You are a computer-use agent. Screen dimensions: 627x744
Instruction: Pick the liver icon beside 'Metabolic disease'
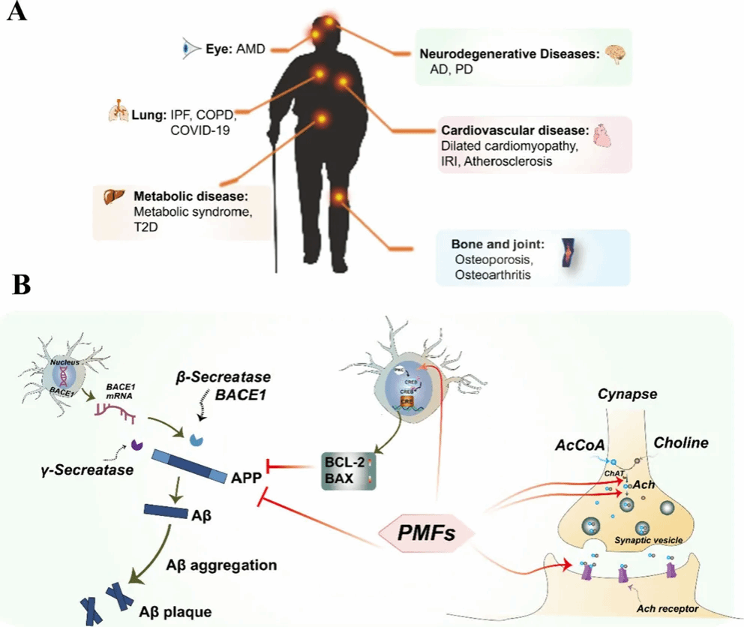[112, 196]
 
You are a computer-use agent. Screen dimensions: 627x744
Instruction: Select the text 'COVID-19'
[199, 130]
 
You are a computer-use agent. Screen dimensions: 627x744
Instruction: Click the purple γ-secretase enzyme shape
[137, 445]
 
